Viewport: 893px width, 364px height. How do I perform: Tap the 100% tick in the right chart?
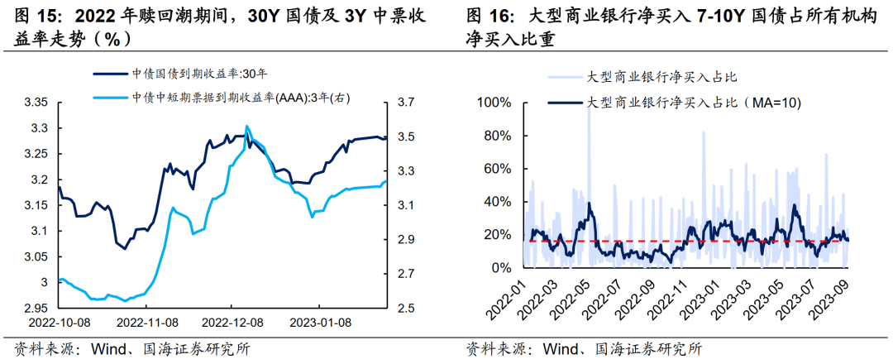click(x=494, y=102)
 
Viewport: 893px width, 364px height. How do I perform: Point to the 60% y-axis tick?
click(x=498, y=169)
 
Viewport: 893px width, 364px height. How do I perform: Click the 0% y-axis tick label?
click(x=501, y=268)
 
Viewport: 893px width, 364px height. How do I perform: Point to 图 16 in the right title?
click(x=485, y=15)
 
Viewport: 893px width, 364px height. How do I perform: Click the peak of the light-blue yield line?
click(x=247, y=127)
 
